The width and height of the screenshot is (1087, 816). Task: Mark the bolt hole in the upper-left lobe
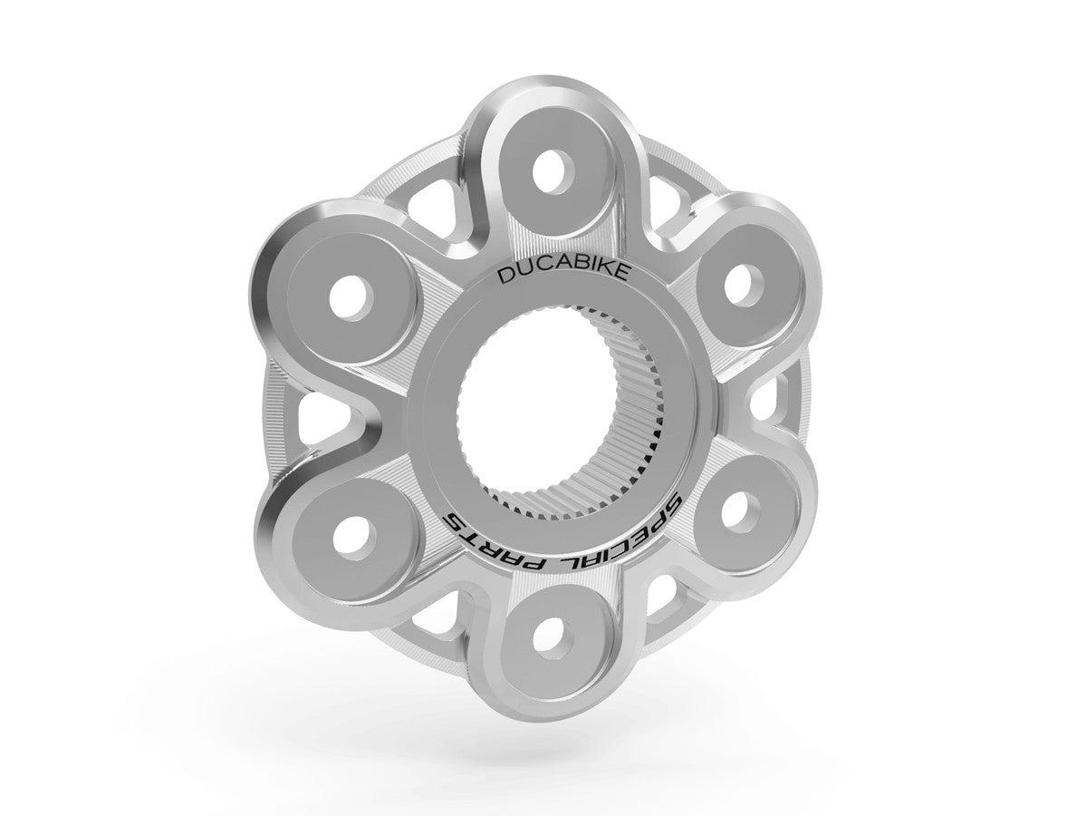pos(349,295)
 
